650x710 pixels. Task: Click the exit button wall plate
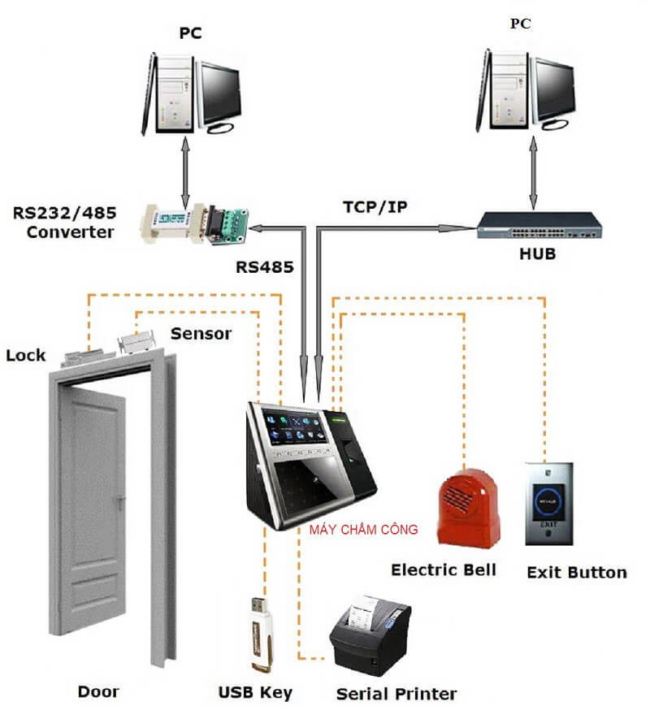[548, 504]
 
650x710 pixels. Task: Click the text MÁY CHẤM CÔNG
[363, 530]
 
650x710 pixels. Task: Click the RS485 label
[263, 266]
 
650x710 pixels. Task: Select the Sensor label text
[201, 333]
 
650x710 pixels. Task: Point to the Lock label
[26, 355]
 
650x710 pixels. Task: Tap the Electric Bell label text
[443, 569]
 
